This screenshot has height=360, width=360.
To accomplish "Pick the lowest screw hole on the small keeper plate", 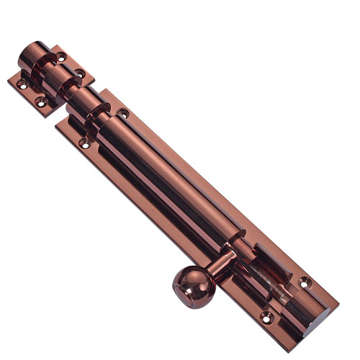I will point(41,104).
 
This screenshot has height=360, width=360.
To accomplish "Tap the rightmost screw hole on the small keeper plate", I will point(80,74).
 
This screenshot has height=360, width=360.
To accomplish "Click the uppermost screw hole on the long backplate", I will point(123,113).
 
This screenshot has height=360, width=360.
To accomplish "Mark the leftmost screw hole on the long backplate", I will point(85,144).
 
